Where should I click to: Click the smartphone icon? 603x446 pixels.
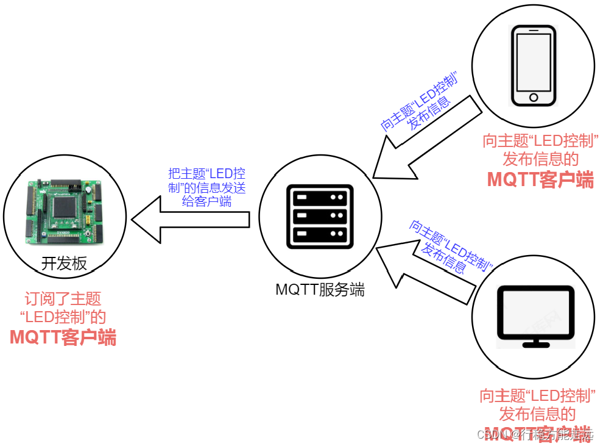click(534, 66)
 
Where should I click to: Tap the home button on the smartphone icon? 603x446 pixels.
click(534, 97)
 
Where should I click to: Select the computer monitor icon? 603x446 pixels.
click(536, 316)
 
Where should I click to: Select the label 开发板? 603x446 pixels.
click(64, 264)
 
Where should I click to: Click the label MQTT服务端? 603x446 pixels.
click(320, 290)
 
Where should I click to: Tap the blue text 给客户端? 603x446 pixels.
click(207, 202)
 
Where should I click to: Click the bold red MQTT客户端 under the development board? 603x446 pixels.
click(63, 337)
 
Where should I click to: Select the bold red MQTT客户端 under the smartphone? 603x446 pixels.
click(540, 179)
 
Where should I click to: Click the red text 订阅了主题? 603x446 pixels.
click(63, 299)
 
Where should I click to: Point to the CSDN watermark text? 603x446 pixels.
click(535, 434)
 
